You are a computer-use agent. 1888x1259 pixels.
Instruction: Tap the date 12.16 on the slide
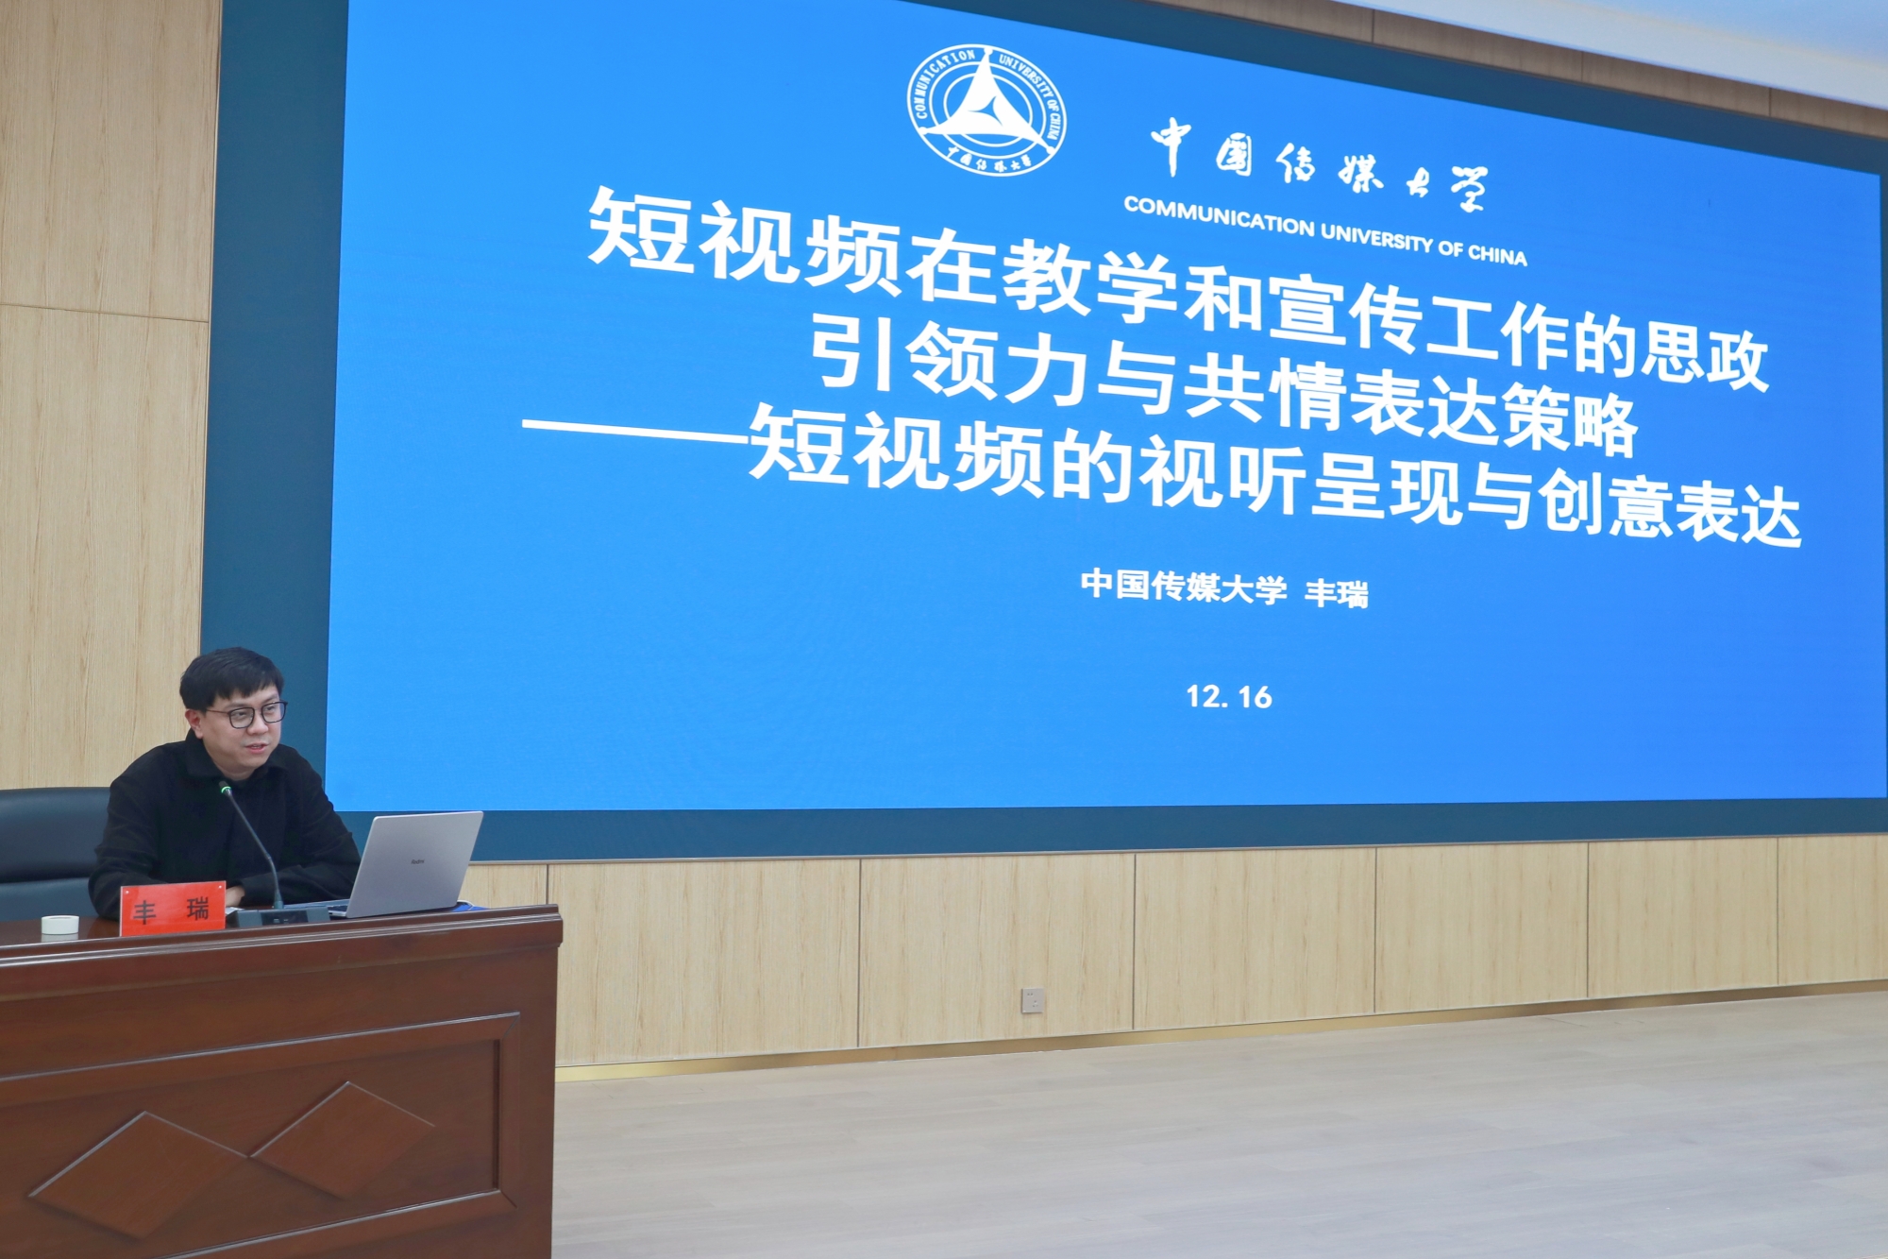click(1229, 697)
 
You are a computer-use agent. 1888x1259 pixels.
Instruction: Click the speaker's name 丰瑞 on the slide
click(1336, 593)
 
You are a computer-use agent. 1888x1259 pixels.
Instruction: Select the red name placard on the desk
click(173, 908)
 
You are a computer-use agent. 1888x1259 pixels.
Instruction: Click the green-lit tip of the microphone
click(225, 788)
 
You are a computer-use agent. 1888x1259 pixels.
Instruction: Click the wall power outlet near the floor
click(1033, 998)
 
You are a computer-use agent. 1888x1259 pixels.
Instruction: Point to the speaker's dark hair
click(230, 674)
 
